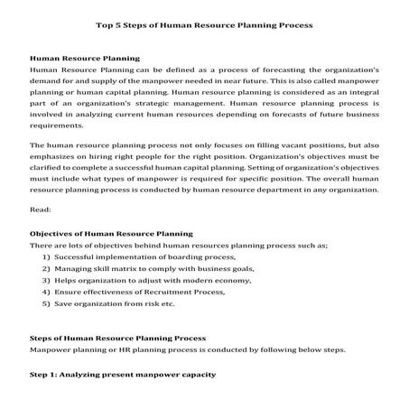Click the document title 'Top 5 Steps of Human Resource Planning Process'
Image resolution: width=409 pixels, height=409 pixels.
click(x=204, y=25)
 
